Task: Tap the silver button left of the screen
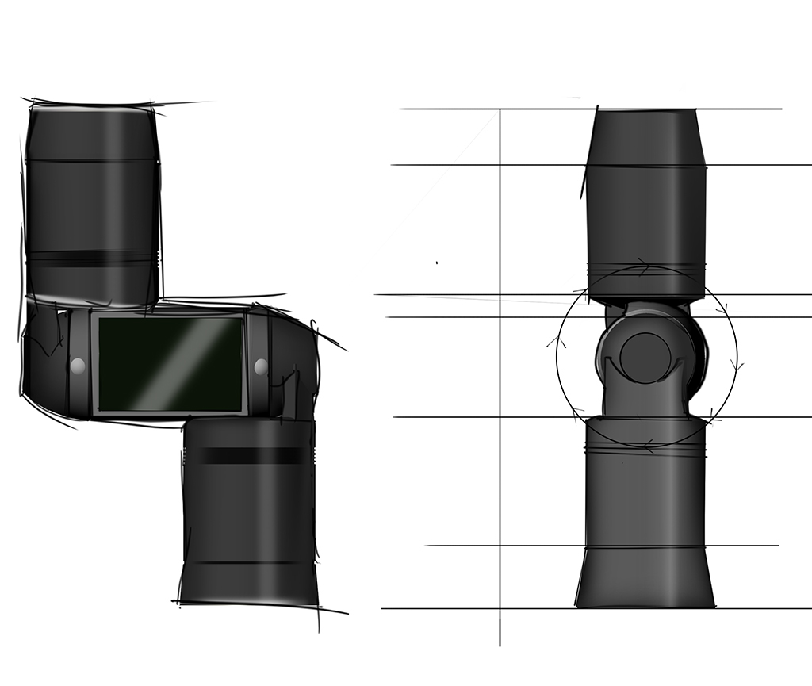point(78,366)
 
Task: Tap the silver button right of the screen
point(261,366)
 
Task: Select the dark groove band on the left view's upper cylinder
point(90,259)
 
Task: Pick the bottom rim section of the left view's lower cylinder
point(248,583)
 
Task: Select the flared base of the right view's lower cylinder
point(645,577)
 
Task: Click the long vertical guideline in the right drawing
point(500,476)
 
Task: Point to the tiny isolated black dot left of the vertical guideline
point(437,263)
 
